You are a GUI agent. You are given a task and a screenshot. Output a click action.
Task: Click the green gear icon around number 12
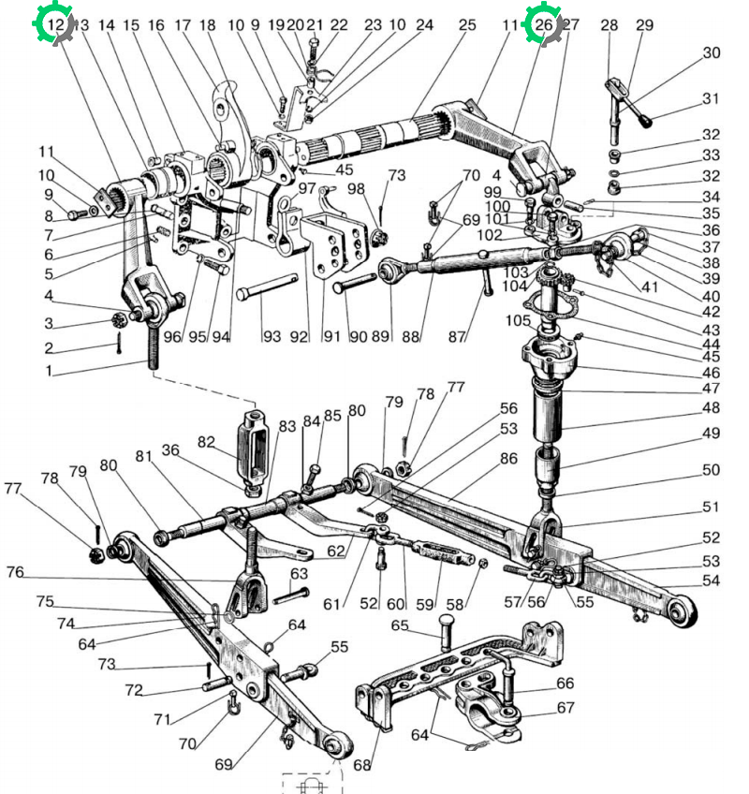[54, 23]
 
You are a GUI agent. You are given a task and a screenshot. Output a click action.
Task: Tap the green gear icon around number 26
[543, 23]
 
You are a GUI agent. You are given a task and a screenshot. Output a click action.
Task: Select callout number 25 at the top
[467, 24]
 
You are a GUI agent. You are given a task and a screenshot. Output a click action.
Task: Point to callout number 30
[712, 52]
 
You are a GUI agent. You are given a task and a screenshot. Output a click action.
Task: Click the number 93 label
[272, 336]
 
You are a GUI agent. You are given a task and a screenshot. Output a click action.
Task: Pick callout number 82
[206, 442]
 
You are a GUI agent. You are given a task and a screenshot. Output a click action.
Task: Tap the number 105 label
[518, 320]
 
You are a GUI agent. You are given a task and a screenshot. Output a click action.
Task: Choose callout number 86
[508, 458]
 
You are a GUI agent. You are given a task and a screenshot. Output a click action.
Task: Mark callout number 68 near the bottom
[361, 765]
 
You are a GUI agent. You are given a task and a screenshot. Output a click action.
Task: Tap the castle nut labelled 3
[120, 319]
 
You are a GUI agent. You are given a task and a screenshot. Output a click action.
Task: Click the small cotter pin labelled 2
[119, 343]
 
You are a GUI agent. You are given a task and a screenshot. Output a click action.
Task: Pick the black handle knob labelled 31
[645, 122]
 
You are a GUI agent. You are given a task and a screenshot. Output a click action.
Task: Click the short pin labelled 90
[354, 282]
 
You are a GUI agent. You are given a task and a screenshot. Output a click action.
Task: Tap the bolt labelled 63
[291, 595]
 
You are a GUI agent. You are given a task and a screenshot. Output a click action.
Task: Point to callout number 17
[183, 24]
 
